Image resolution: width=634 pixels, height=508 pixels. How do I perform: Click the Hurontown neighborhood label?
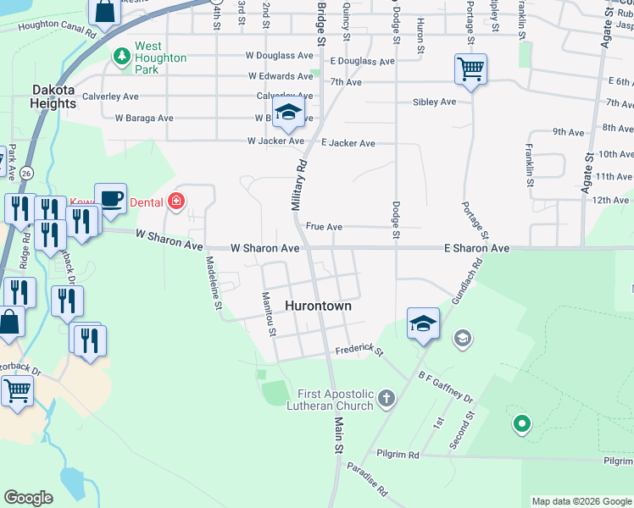tap(318, 306)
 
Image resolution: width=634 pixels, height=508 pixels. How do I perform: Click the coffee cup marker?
tap(110, 197)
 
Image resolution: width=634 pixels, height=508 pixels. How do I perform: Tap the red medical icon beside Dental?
tap(175, 202)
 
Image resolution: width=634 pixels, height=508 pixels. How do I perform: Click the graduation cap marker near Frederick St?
tap(423, 323)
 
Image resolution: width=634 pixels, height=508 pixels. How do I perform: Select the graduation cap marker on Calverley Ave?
tap(289, 113)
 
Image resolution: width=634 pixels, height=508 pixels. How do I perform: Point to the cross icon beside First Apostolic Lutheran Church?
tap(387, 398)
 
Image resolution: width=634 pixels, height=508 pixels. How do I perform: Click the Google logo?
tap(28, 498)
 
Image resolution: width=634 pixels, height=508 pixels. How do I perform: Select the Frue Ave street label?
tap(324, 227)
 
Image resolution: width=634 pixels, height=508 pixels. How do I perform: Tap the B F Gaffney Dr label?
tap(445, 384)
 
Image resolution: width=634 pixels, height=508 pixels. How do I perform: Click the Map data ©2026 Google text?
tap(581, 501)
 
